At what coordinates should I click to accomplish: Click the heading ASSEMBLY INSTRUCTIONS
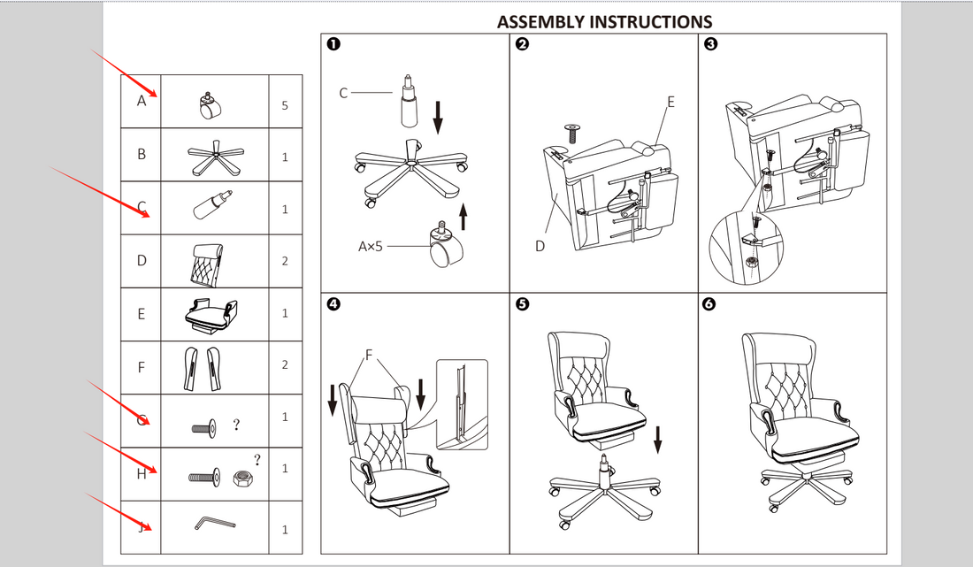[604, 21]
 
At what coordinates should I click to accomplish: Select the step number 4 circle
[333, 304]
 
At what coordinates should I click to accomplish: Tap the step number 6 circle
[709, 304]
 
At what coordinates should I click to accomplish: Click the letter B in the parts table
[141, 154]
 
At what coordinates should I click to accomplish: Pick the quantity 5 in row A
[285, 105]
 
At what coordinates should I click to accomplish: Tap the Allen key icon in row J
[213, 524]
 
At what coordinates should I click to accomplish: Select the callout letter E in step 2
[670, 103]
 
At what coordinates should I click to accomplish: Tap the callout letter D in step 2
[540, 246]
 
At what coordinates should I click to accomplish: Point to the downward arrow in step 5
[658, 437]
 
